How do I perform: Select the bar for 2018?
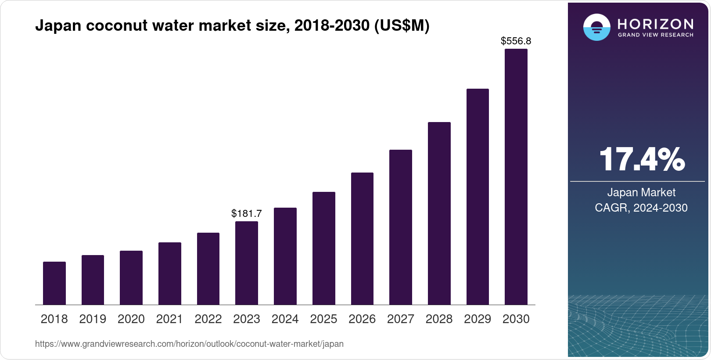click(x=54, y=283)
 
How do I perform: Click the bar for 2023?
click(x=247, y=263)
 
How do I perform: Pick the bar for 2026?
click(x=362, y=239)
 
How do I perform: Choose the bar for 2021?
click(x=170, y=274)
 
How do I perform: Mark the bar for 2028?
click(x=439, y=213)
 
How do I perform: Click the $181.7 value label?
click(x=247, y=214)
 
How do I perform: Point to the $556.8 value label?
click(x=516, y=41)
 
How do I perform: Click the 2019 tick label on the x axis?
click(x=93, y=319)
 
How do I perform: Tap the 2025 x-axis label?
click(x=323, y=319)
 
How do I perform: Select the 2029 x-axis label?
click(x=478, y=319)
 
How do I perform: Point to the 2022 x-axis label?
click(x=208, y=319)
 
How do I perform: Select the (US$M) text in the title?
click(x=401, y=26)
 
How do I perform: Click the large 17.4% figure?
click(x=641, y=159)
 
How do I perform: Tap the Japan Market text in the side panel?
click(x=641, y=192)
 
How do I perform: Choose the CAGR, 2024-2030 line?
click(x=641, y=208)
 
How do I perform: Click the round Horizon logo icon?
click(x=596, y=27)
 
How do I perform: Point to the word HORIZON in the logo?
click(x=655, y=24)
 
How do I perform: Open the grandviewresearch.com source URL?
click(x=189, y=344)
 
